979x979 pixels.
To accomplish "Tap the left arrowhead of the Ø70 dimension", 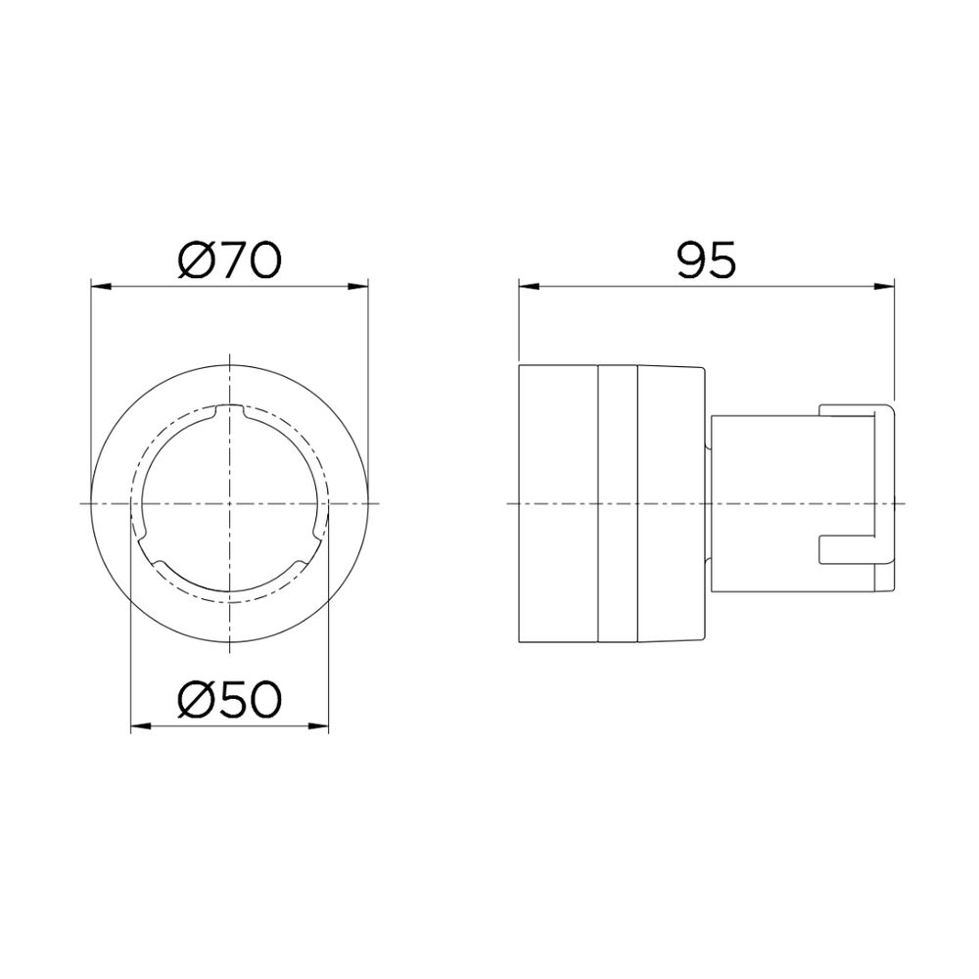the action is [x=101, y=287].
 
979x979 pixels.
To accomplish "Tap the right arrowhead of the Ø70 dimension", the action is [x=357, y=287].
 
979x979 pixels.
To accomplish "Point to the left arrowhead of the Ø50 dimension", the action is [x=141, y=725].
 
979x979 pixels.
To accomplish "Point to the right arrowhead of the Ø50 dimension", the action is [x=318, y=725].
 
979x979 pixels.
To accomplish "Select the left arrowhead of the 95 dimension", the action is [x=529, y=287].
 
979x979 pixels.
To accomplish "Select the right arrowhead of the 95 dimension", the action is [x=885, y=287].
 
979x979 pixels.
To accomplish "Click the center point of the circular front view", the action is [x=230, y=502].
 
